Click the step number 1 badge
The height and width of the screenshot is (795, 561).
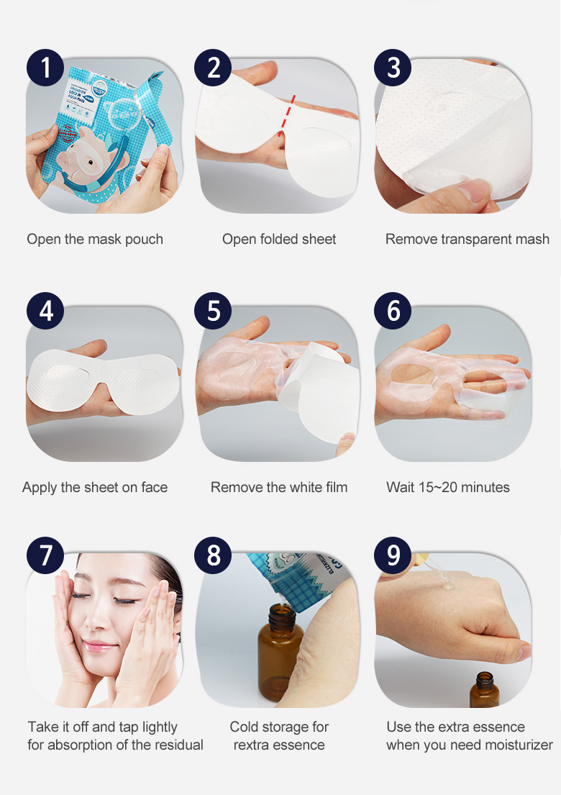[x=45, y=68]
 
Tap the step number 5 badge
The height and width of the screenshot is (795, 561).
[x=213, y=310]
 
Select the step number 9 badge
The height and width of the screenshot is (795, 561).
[x=393, y=555]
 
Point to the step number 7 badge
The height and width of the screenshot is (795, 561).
[x=45, y=555]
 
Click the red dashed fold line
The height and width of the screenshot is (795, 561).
[x=286, y=114]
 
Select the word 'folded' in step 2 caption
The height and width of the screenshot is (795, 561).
[x=279, y=239]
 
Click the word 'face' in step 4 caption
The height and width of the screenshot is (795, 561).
[x=154, y=487]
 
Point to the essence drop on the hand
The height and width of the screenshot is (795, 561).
[x=449, y=586]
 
